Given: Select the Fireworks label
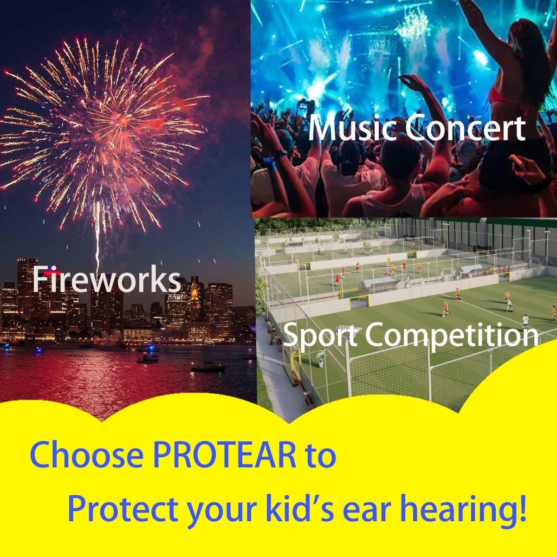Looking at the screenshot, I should (x=106, y=280).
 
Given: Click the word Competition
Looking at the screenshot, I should (x=450, y=335).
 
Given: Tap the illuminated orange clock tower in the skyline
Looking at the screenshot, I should (x=194, y=292).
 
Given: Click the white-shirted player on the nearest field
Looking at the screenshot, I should (x=525, y=320).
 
